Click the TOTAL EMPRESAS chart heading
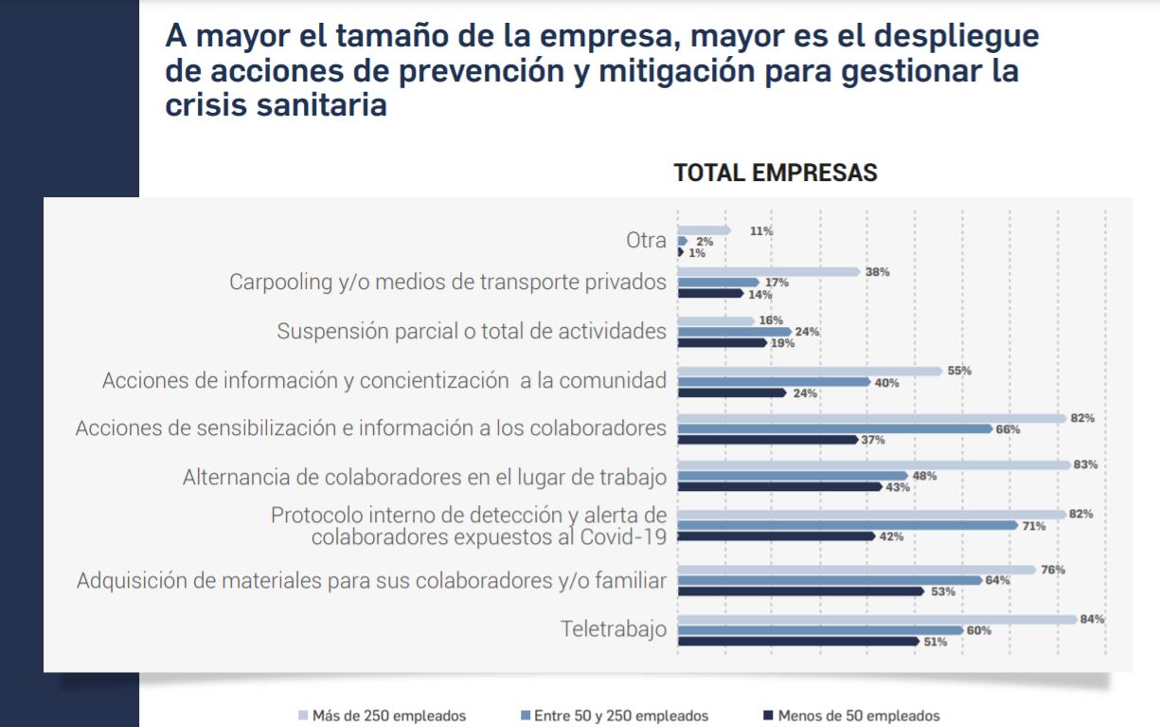[776, 173]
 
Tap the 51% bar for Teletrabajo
[799, 642]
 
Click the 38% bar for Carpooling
[768, 272]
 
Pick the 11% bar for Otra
[704, 230]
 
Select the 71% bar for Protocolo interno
[848, 524]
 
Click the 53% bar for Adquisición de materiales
[801, 591]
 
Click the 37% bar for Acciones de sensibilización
[767, 439]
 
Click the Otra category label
[646, 241]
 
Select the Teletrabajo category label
[613, 629]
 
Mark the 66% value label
[1008, 429]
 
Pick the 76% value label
[1053, 570]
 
